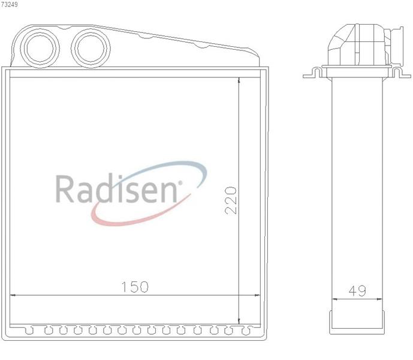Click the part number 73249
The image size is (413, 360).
[x=10, y=4]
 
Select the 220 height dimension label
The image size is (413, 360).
[x=231, y=200]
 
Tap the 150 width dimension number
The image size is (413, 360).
[x=135, y=287]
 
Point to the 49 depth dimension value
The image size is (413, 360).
[x=357, y=290]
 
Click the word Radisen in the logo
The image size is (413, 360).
[x=116, y=188]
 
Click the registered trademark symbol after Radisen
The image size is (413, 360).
[x=180, y=182]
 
